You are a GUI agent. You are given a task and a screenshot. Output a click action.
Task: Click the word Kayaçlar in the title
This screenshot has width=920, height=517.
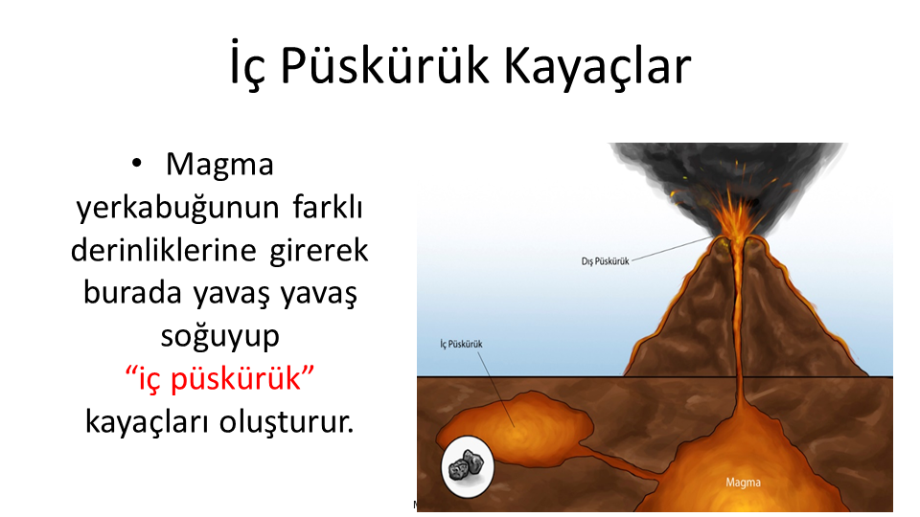click(597, 66)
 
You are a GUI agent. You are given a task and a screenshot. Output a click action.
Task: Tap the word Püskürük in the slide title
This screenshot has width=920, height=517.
click(384, 66)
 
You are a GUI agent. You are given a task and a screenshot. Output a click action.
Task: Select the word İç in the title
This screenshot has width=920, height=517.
click(247, 66)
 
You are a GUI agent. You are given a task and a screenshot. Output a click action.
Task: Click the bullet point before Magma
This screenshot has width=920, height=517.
click(137, 164)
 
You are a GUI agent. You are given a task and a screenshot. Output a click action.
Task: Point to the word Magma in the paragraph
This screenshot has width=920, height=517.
click(219, 165)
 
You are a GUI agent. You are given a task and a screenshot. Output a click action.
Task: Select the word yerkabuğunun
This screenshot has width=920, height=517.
click(178, 208)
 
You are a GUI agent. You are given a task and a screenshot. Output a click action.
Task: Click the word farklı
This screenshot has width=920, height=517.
click(328, 207)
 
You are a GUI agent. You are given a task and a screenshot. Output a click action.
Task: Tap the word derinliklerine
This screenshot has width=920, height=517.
click(164, 250)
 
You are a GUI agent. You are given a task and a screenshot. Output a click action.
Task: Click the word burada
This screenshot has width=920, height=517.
click(132, 293)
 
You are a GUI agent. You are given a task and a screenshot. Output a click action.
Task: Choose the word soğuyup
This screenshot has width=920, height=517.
click(220, 337)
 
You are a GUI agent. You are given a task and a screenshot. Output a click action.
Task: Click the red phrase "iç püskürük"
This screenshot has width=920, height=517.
click(220, 379)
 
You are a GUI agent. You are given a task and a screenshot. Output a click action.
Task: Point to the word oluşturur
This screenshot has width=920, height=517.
click(287, 421)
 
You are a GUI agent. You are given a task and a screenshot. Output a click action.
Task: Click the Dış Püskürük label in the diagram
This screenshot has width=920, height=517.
click(605, 261)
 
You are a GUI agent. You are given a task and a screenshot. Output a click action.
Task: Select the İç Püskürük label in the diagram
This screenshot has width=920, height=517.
click(461, 344)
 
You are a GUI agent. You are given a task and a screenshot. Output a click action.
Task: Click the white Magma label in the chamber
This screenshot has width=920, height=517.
click(743, 483)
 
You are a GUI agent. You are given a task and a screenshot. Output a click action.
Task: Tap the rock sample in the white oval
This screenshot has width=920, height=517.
click(467, 464)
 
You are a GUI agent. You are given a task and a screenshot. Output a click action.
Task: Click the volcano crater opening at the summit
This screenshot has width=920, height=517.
click(737, 240)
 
